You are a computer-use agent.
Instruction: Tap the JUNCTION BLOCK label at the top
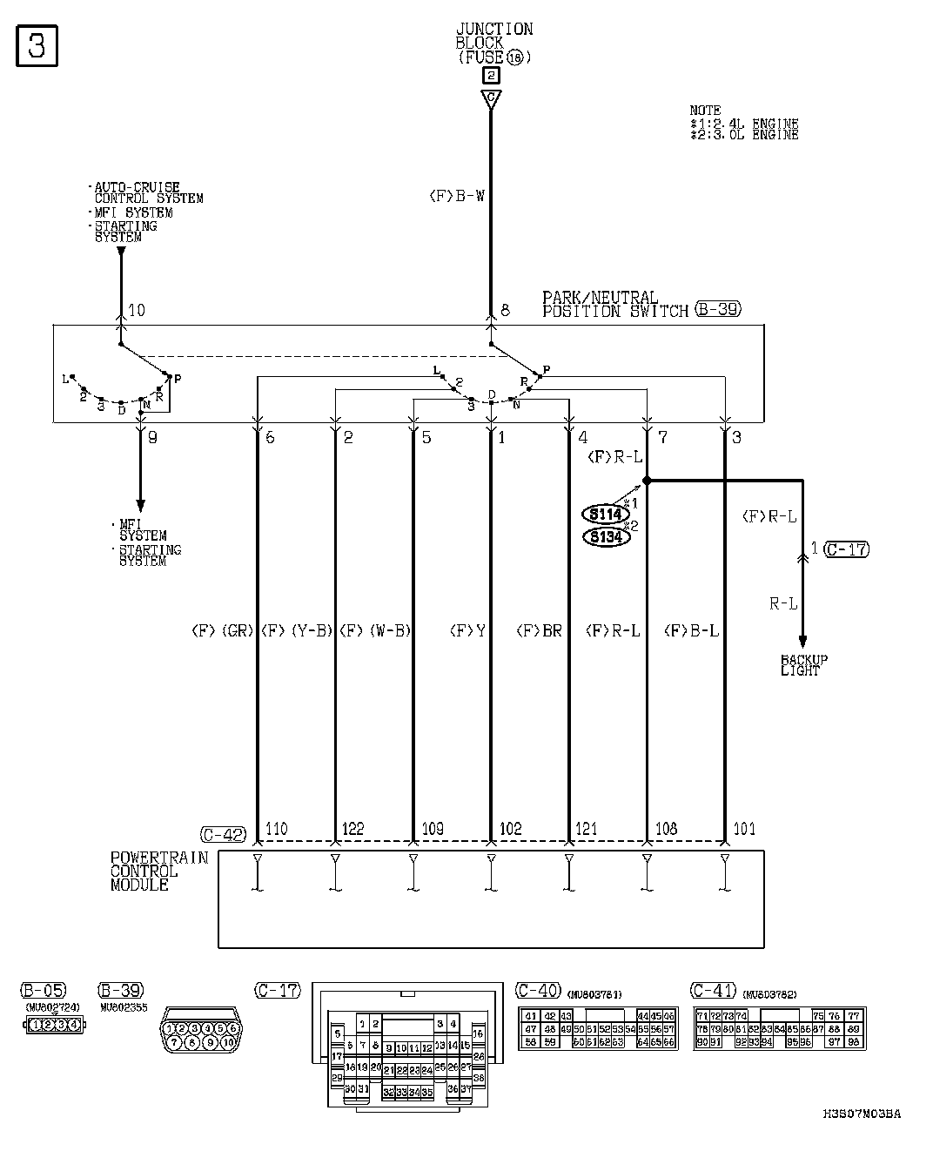[x=493, y=36]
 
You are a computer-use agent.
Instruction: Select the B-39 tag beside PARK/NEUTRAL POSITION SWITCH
[x=718, y=310]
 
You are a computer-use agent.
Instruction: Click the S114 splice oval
[x=606, y=514]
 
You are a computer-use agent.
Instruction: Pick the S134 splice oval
[x=606, y=536]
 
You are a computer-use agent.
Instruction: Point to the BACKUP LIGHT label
[x=802, y=665]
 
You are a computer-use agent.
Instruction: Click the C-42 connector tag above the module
[x=223, y=833]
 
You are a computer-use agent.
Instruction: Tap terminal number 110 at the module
[x=277, y=829]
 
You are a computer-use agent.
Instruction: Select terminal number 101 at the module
[x=744, y=829]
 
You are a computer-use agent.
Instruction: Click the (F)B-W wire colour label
[x=457, y=197]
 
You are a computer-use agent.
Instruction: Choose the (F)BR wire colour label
[x=540, y=631]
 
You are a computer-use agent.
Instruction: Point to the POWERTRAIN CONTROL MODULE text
[x=158, y=871]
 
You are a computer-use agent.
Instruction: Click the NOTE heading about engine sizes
[x=705, y=111]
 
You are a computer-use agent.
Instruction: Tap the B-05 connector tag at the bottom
[x=43, y=990]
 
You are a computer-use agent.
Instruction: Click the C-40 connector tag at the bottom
[x=538, y=990]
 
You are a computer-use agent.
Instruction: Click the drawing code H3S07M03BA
[x=861, y=1114]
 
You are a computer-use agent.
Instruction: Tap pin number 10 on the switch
[x=136, y=310]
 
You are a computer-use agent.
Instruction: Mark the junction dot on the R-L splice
[x=647, y=480]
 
